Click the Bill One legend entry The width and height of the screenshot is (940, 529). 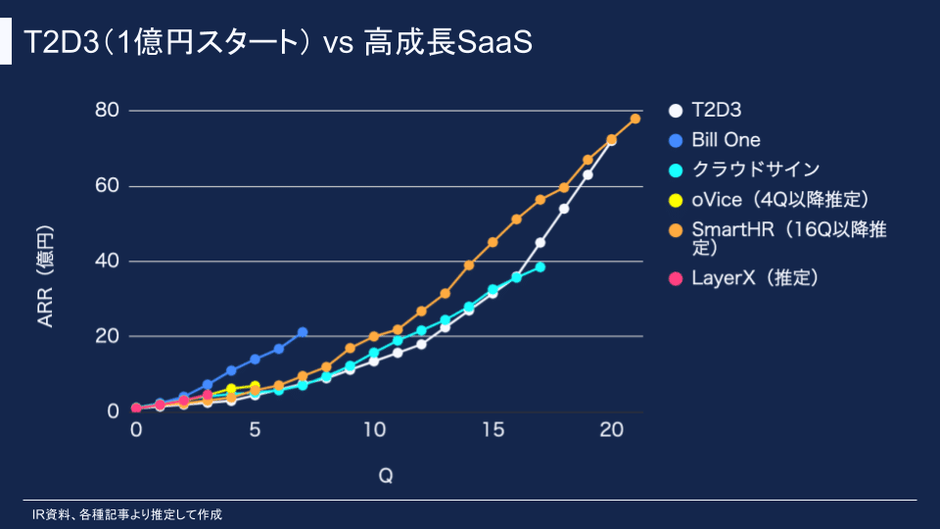725,139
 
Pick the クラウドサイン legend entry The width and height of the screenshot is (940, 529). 754,168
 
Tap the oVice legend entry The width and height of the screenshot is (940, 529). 779,199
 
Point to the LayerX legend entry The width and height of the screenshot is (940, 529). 753,278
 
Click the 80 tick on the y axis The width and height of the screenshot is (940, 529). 107,110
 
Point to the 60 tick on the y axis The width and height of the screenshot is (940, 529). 107,186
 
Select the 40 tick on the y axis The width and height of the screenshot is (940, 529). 107,261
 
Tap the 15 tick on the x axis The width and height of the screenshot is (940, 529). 493,430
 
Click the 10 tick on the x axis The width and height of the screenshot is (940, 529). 374,430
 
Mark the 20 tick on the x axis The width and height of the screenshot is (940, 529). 611,430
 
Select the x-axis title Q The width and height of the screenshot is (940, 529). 386,475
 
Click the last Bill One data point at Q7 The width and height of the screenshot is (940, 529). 303,332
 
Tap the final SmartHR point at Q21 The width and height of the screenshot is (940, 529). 635,119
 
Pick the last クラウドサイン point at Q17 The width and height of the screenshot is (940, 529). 540,266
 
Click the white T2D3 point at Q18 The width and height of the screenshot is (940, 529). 564,209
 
